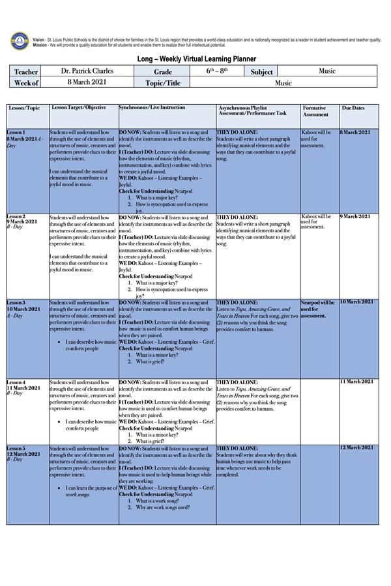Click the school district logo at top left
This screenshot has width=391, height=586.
20,41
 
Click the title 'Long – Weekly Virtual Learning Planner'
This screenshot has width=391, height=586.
196,59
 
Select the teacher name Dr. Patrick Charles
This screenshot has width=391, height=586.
87,71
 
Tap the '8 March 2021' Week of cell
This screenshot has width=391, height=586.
87,82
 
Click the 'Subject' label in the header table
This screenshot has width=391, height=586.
261,72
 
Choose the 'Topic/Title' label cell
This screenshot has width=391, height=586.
162,83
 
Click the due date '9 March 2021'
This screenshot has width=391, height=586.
356,216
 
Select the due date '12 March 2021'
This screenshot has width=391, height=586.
356,448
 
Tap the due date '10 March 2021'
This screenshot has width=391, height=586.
356,302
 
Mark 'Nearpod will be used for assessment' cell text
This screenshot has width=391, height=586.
317,309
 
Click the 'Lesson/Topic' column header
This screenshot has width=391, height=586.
24,107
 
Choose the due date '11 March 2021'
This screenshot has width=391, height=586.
356,382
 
